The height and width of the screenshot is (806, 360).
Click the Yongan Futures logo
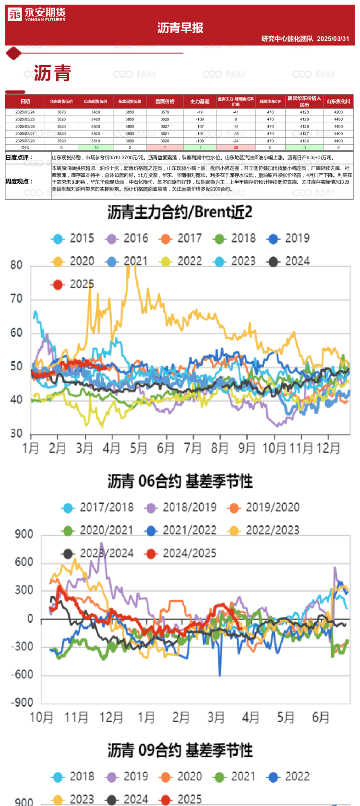pos(36,14)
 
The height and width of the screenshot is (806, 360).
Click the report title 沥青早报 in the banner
pos(180,28)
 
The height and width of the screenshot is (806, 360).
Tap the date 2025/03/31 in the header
pos(333,38)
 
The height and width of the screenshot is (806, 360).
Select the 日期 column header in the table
pos(25,101)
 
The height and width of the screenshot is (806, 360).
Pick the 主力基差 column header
pos(200,101)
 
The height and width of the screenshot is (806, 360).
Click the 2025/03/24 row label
pos(25,112)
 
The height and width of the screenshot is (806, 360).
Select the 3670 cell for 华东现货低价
pos(61,112)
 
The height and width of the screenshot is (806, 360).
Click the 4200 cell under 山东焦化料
pos(338,112)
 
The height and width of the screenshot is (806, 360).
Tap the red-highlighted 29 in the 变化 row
pos(236,147)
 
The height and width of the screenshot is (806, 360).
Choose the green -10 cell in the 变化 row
pos(96,147)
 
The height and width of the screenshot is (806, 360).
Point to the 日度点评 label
pos(19,157)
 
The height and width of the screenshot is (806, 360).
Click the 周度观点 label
pos(19,181)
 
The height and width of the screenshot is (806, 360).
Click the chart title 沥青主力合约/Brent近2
pos(180,212)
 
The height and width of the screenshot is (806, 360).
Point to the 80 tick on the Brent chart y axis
pos(16,265)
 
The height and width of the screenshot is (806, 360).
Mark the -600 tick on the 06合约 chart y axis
pos(22,675)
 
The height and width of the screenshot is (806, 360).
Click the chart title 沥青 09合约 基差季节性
pos(180,750)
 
